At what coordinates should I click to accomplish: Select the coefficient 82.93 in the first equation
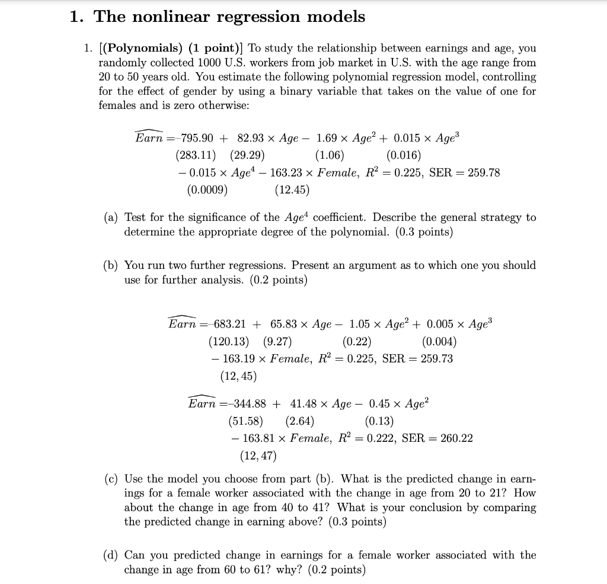[251, 138]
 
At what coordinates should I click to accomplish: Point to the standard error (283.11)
[196, 156]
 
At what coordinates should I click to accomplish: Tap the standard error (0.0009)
[207, 190]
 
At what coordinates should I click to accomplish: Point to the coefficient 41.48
[304, 404]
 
